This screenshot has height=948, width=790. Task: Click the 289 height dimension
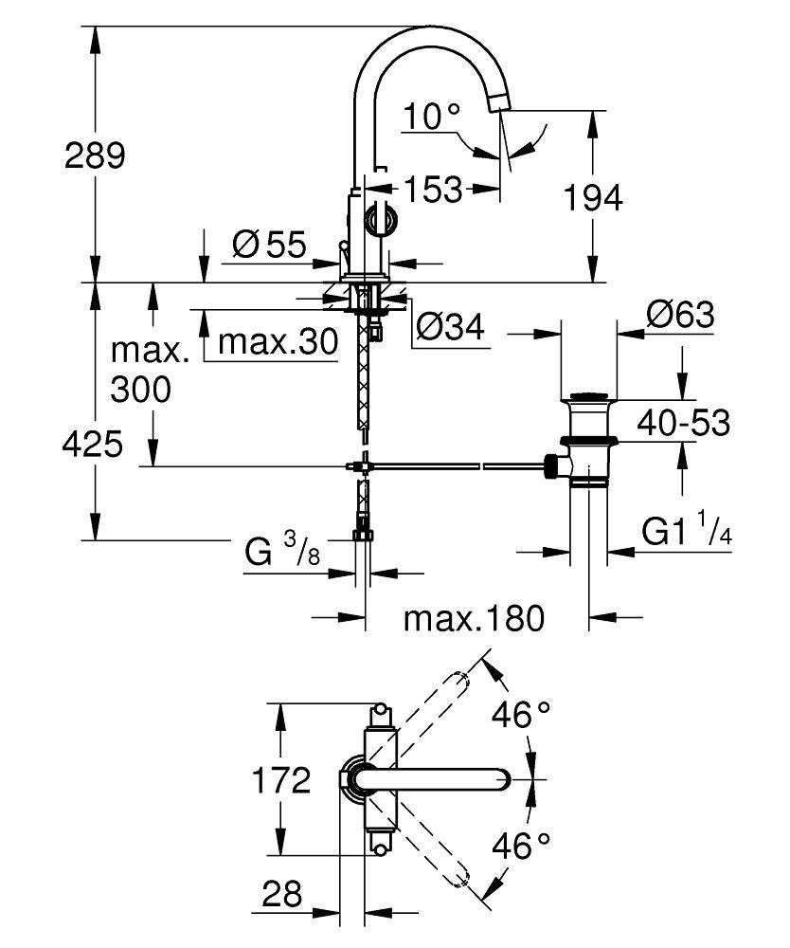point(95,155)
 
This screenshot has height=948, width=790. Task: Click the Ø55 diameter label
point(269,246)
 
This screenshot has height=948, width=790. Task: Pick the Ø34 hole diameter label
point(450,328)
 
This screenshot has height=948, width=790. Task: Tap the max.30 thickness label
point(278,342)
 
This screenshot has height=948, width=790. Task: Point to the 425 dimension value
point(94,444)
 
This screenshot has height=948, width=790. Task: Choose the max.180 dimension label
point(474,619)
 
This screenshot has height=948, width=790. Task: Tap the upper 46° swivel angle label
point(522,715)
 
